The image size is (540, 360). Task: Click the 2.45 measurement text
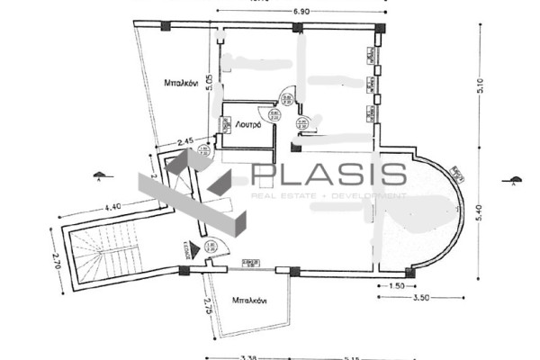pyautogui.click(x=186, y=141)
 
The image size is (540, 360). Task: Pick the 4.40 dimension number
pyautogui.click(x=113, y=208)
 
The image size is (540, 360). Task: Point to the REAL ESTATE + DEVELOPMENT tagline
pyautogui.click(x=328, y=195)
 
